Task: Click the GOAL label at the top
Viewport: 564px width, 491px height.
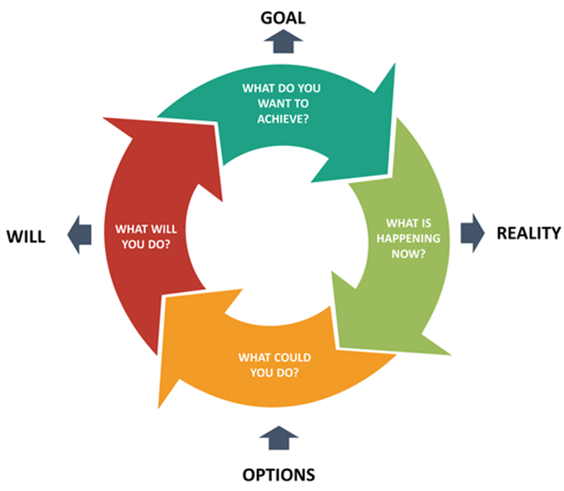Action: (283, 18)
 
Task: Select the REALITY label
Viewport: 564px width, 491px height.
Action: (529, 233)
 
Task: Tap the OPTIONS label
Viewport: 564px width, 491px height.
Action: (278, 475)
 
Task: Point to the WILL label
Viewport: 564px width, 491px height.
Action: (26, 237)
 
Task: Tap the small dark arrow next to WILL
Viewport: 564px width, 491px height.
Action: (80, 234)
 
